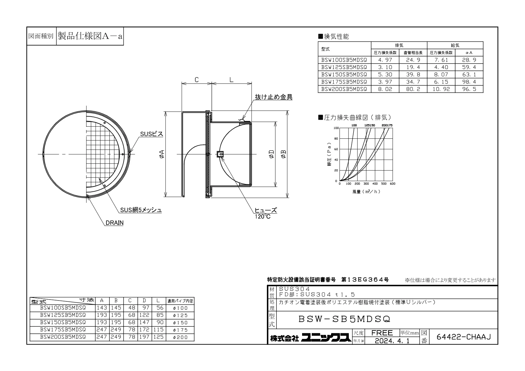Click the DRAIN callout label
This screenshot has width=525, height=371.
pyautogui.click(x=114, y=223)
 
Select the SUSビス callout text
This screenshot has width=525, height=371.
pyautogui.click(x=152, y=134)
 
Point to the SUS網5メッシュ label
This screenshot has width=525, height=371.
pyautogui.click(x=141, y=210)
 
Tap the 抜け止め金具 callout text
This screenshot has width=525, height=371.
pyautogui.click(x=273, y=97)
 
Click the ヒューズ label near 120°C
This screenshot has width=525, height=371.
pyautogui.click(x=266, y=210)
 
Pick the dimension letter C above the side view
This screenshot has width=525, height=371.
pyautogui.click(x=197, y=80)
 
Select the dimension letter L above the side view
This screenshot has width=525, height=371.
pyautogui.click(x=231, y=80)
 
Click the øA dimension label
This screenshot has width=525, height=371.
pyautogui.click(x=161, y=154)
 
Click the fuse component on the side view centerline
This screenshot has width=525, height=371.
pyautogui.click(x=219, y=154)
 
